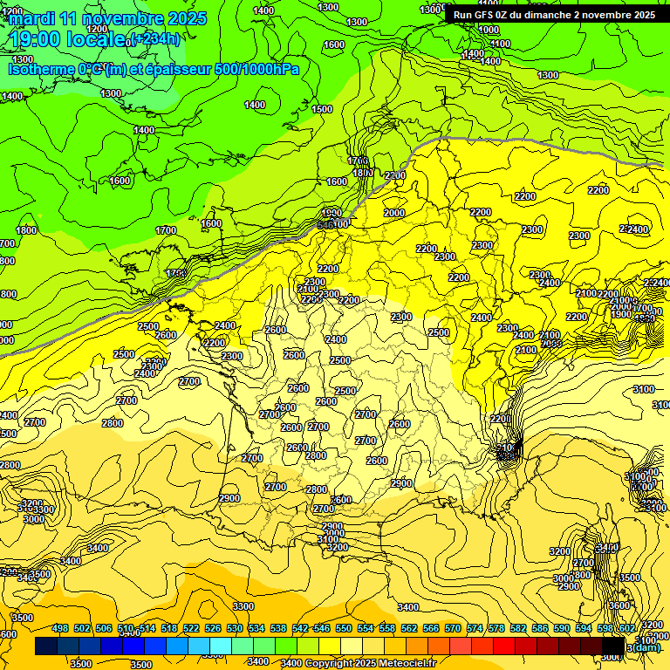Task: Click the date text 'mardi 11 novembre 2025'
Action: pos(108,18)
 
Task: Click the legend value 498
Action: pos(60,628)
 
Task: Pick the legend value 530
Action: pos(235,628)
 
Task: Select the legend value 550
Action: pos(344,628)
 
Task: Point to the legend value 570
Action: pos(453,628)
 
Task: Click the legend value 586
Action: pos(540,628)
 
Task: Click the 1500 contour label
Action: pos(322,109)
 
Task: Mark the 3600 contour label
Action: pos(619,605)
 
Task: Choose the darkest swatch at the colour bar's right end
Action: pos(613,646)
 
